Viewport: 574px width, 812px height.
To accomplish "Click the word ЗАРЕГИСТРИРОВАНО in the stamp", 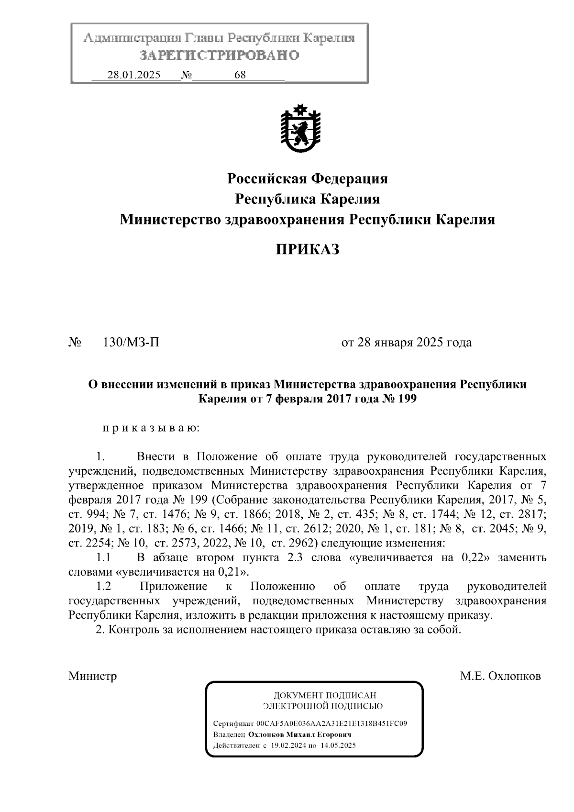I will [220, 56].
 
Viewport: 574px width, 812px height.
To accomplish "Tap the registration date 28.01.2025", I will [134, 75].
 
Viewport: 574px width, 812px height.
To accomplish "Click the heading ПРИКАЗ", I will [307, 249].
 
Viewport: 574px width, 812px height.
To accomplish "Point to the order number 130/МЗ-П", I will [131, 343].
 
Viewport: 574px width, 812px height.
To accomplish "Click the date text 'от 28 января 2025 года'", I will [406, 343].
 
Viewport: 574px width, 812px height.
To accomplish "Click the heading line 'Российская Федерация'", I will [307, 179].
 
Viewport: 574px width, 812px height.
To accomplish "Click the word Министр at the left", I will [92, 676].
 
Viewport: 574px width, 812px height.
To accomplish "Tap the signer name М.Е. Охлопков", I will [500, 676].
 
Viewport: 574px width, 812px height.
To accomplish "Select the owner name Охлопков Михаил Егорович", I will [299, 734].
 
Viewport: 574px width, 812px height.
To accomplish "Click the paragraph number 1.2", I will [103, 587].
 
